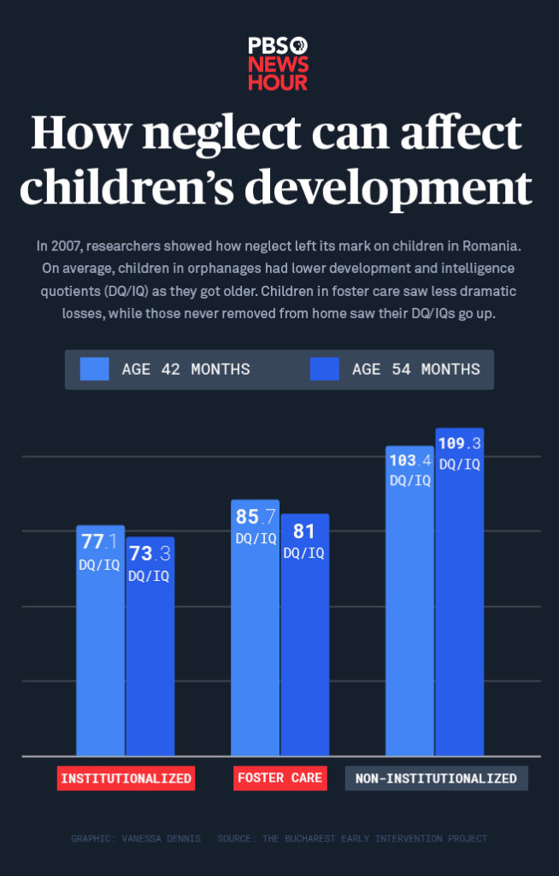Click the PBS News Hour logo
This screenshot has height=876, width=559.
point(279,62)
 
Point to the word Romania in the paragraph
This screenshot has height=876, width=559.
point(491,246)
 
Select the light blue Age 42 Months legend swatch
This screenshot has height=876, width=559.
point(94,370)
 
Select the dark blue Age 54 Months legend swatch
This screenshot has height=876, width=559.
point(325,370)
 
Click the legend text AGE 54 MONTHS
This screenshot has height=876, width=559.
point(415,370)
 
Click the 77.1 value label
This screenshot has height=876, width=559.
point(100,542)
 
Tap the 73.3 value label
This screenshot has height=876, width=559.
point(150,553)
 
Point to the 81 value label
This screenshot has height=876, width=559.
point(304,531)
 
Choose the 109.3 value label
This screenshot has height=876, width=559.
point(460,443)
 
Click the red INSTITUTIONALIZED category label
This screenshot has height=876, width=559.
point(127,778)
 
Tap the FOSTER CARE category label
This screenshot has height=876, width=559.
point(280,778)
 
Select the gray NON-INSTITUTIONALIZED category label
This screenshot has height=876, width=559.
point(436,778)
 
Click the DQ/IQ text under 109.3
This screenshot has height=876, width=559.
point(460,464)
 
